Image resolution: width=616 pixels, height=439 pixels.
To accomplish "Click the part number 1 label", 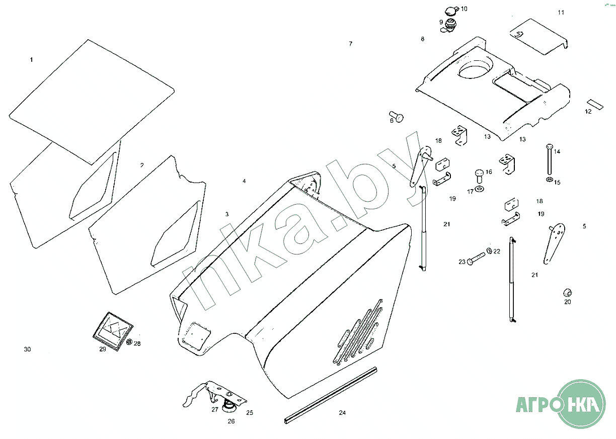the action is click(x=31, y=60).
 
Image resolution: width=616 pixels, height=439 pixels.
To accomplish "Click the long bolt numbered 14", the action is click(x=550, y=159).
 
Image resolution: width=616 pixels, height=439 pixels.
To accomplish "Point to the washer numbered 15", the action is click(x=549, y=180).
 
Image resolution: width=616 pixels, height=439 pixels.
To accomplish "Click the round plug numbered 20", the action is click(x=567, y=293).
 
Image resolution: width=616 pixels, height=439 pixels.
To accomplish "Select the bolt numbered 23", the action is click(x=477, y=259).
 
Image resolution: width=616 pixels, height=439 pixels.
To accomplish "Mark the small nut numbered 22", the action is click(x=490, y=250).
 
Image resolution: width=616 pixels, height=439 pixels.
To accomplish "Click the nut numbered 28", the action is click(x=129, y=342).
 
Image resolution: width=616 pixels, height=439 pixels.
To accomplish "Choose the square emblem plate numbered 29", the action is click(x=113, y=331).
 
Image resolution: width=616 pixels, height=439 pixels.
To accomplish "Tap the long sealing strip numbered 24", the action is click(x=331, y=395).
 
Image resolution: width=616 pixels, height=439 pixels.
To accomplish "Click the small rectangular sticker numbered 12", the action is click(x=595, y=104).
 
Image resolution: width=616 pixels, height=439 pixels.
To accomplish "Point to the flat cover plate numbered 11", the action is click(x=539, y=37).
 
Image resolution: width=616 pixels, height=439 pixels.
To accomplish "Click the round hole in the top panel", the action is click(x=476, y=68).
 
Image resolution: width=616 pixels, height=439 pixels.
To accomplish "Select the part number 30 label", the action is click(x=27, y=349).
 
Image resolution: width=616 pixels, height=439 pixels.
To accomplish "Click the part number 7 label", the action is click(x=350, y=44).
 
